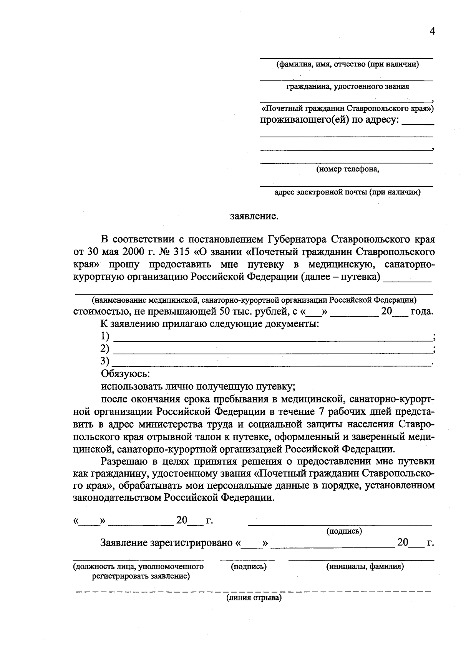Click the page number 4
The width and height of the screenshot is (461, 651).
(x=432, y=31)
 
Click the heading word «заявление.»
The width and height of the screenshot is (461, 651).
(x=254, y=216)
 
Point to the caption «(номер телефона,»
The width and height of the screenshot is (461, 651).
(x=347, y=169)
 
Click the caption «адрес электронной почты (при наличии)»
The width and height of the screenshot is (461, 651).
(x=347, y=192)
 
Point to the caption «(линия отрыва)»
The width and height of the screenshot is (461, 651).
(x=254, y=597)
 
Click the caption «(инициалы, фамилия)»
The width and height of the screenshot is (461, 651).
(x=365, y=566)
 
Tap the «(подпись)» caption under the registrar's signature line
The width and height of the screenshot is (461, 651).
(x=249, y=566)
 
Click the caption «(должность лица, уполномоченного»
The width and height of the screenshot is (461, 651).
(x=138, y=566)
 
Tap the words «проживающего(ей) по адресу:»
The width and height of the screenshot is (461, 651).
(x=330, y=120)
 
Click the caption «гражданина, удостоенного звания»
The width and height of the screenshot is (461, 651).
(x=347, y=86)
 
